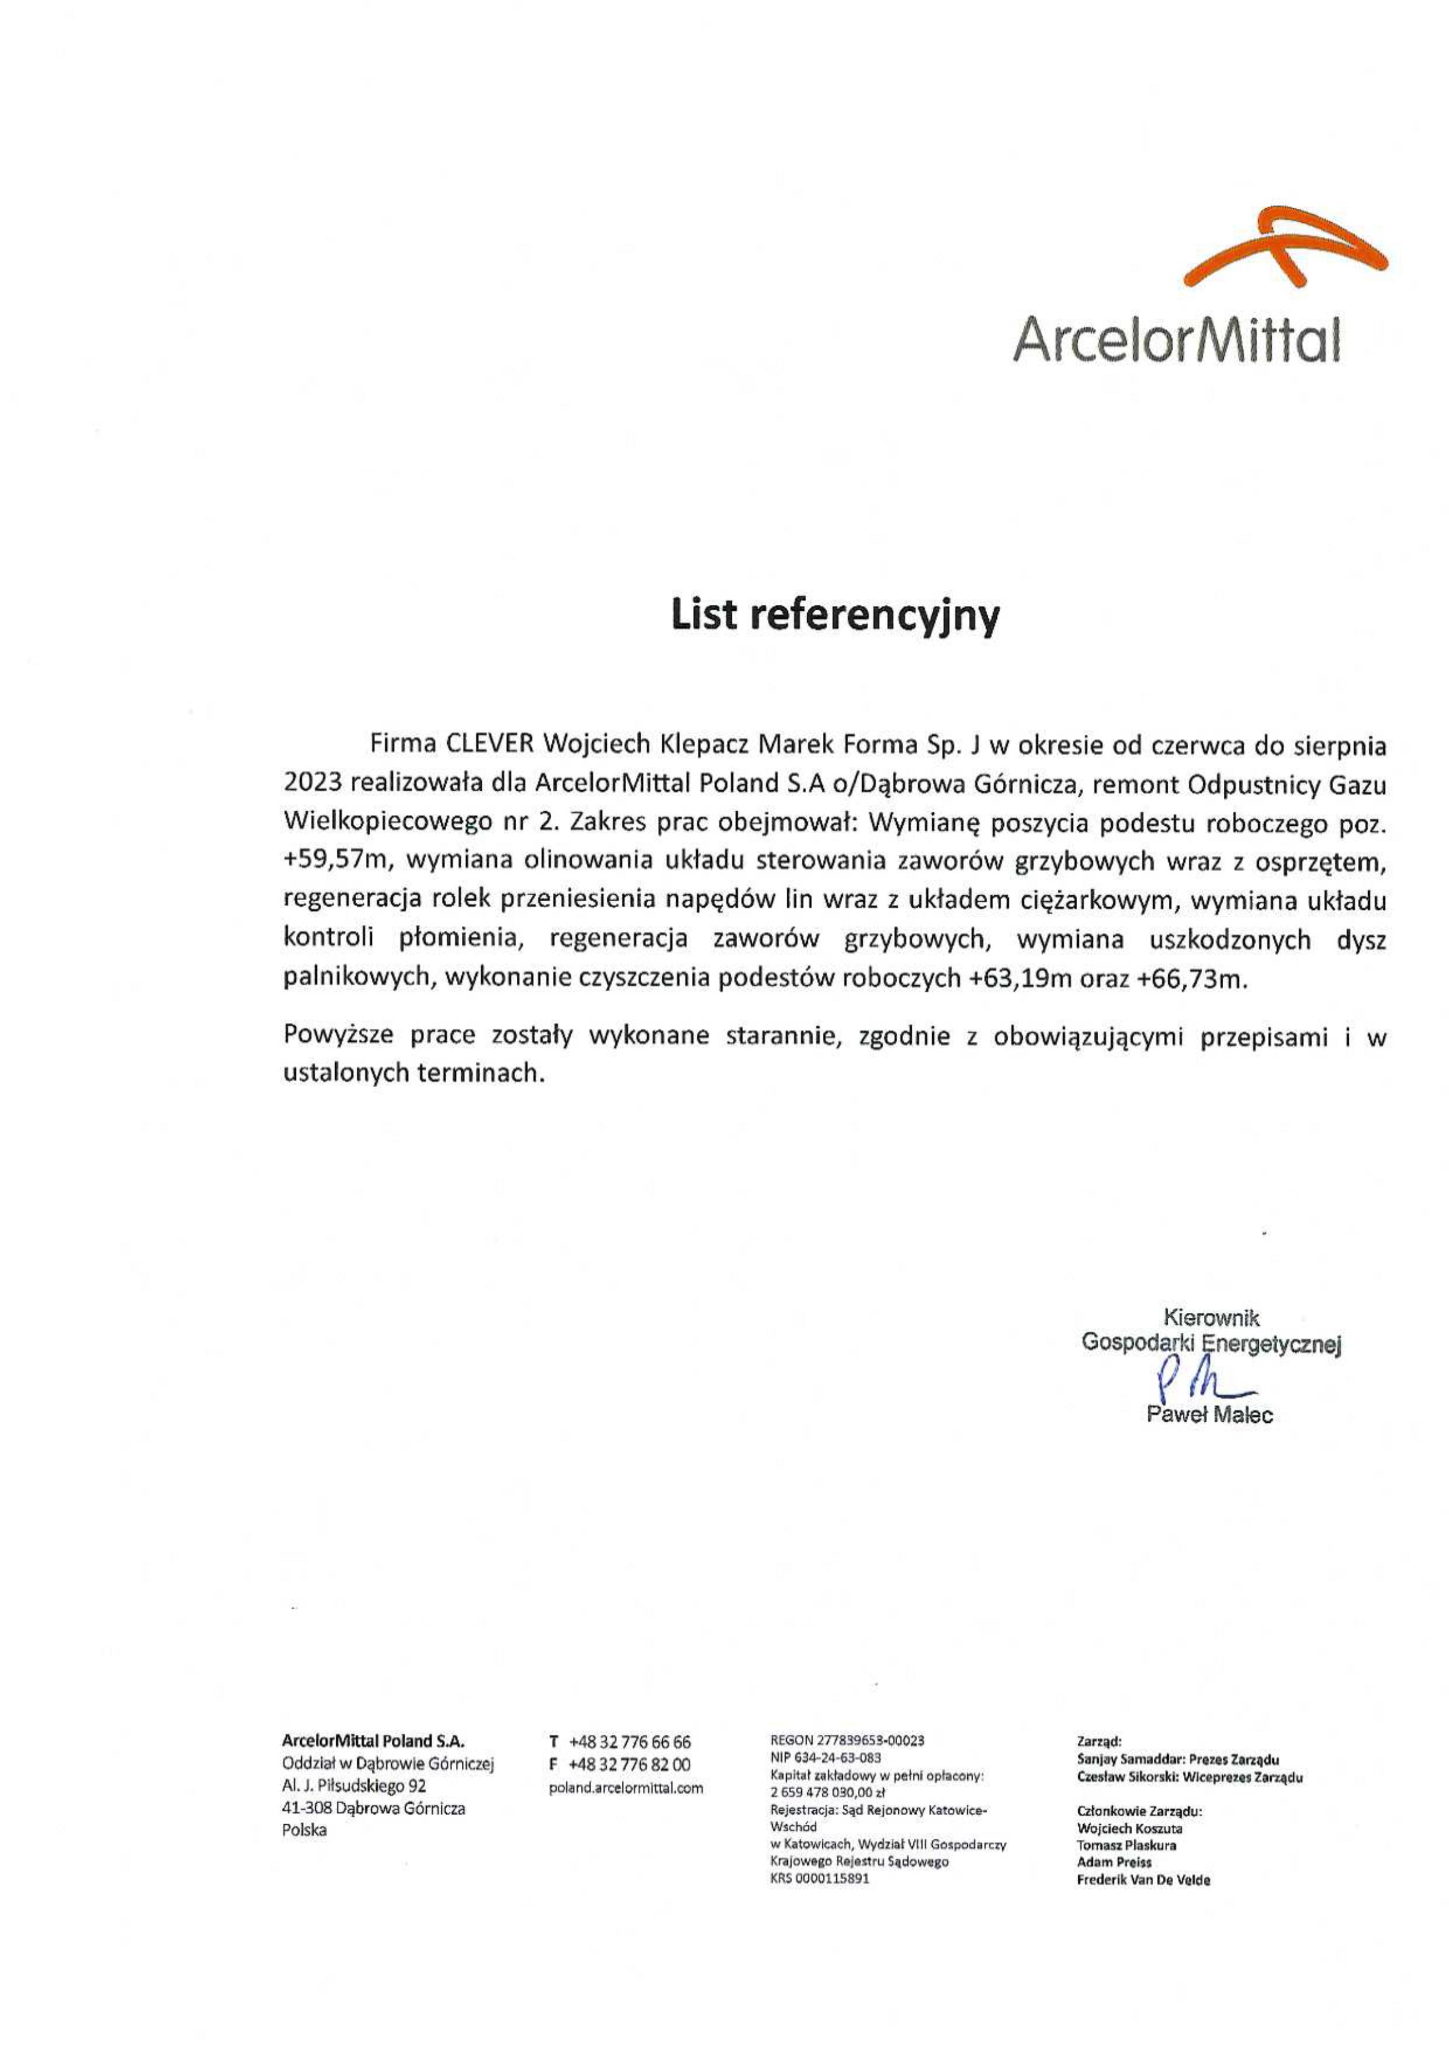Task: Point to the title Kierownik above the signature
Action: pos(1212,1317)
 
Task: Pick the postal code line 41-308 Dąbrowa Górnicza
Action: pos(373,1809)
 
